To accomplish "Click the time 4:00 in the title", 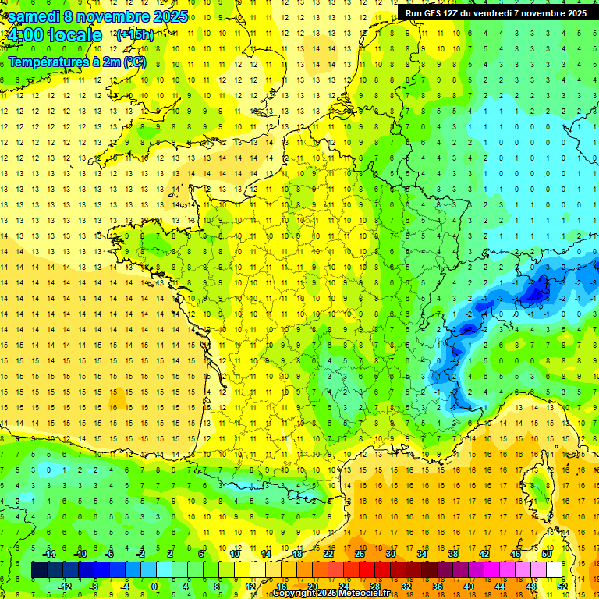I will coord(26,35).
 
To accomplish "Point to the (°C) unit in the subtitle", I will coord(133,62).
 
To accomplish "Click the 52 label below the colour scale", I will coord(562,587).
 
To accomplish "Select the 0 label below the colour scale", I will coord(154,587).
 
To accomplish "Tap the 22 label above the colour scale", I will coord(328,554).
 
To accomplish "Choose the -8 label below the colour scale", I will coord(94,587).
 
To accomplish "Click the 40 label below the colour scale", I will coord(468,587).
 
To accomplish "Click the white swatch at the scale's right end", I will coord(555,570).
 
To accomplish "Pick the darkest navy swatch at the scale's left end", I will coord(39,570).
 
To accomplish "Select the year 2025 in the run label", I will coord(576,12).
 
